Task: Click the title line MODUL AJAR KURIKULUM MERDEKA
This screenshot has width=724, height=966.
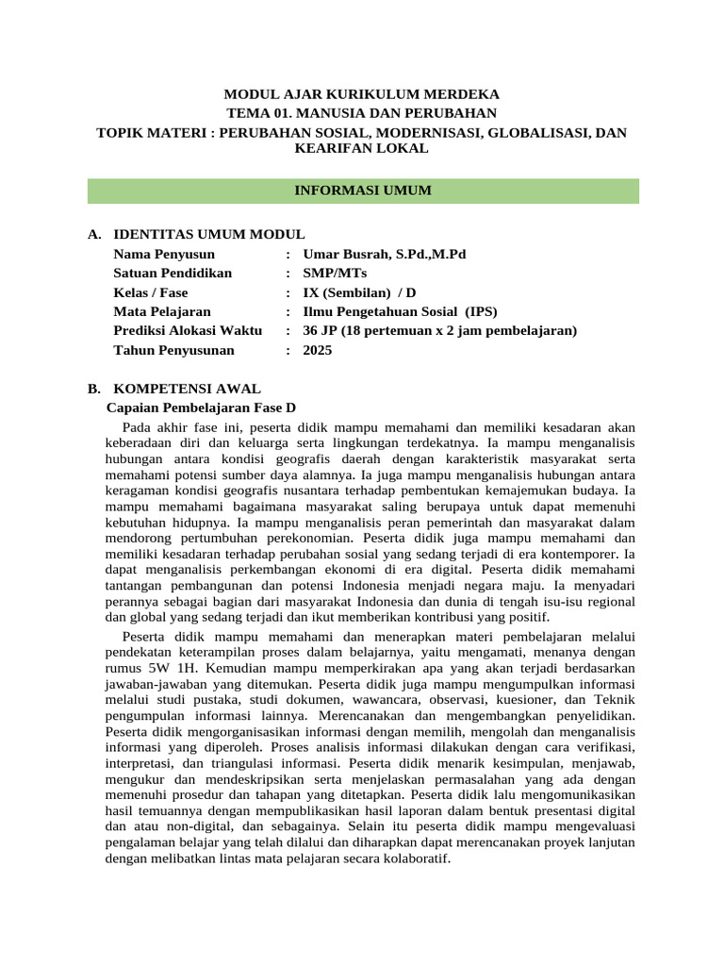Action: coord(362,94)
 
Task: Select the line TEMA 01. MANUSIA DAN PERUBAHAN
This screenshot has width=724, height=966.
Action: coord(362,112)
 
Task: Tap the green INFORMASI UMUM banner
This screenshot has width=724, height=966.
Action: coord(363,191)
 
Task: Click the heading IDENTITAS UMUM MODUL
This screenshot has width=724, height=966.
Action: coord(208,235)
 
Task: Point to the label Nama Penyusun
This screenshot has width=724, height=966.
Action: coord(164,254)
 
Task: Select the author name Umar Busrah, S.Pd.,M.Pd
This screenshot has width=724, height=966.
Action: coord(385,254)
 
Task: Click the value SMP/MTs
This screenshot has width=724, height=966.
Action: coord(329,274)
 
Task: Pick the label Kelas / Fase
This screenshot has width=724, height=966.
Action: coord(151,292)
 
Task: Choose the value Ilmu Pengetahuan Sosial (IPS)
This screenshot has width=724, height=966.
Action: coord(400,311)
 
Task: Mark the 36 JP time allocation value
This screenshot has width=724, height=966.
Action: coord(439,330)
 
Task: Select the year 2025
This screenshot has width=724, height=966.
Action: coord(318,350)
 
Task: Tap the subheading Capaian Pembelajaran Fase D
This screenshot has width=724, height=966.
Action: coord(201,408)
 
